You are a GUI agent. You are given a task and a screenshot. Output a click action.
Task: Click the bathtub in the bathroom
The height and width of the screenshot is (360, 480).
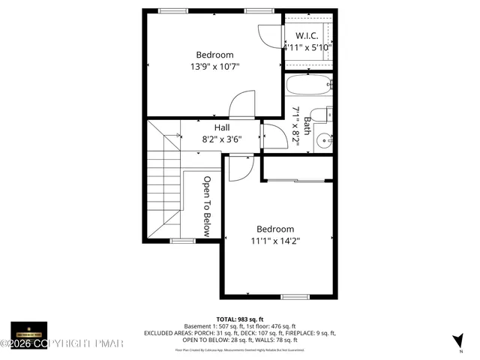[x=308, y=84]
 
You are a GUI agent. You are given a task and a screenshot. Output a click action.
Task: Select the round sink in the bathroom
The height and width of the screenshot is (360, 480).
[x=324, y=140]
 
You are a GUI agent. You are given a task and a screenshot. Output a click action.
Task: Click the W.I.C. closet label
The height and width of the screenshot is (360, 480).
[x=307, y=35]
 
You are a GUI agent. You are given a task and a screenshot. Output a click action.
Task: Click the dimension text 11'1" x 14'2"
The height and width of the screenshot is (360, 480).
[x=275, y=241]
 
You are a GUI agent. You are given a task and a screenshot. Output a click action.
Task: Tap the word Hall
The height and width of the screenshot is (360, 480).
[x=221, y=127]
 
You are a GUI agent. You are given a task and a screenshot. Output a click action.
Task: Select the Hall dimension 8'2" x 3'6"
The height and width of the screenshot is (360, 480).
[x=222, y=139]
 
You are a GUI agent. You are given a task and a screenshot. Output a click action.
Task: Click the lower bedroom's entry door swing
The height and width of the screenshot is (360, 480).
[x=240, y=169]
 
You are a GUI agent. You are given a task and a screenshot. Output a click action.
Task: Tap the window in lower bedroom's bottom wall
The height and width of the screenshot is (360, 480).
[x=295, y=297]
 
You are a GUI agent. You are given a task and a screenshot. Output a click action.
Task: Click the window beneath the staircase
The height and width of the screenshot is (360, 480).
[x=181, y=240]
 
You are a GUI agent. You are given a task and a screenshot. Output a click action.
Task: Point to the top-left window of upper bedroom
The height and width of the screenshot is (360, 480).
[x=172, y=10]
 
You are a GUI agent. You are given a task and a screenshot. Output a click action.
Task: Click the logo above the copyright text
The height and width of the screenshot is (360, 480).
[x=28, y=331]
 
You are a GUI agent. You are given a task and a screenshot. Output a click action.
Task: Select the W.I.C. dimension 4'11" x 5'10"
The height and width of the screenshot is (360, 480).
[x=307, y=47]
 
